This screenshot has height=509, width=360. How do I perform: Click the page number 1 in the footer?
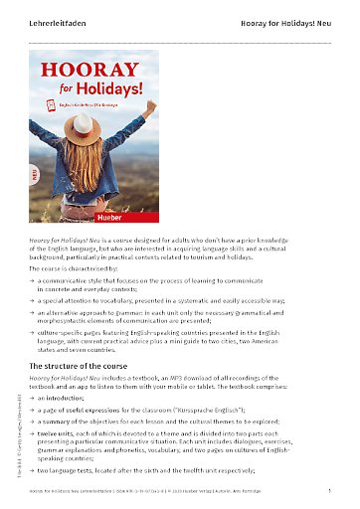tap(328, 491)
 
